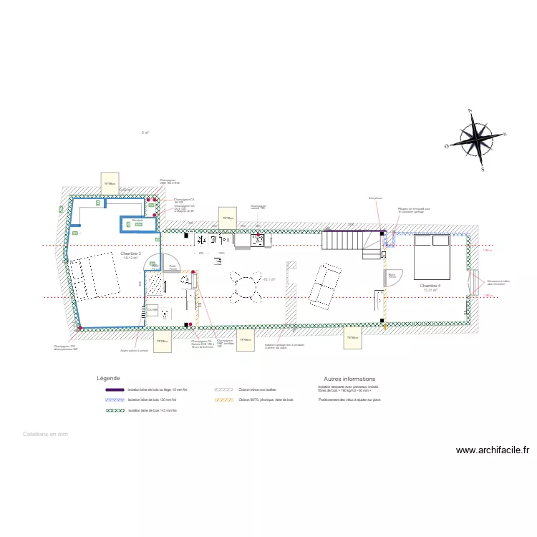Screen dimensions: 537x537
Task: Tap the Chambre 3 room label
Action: [x=130, y=255]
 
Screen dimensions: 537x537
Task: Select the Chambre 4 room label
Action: [x=430, y=287]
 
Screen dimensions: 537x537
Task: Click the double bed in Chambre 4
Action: [x=432, y=256]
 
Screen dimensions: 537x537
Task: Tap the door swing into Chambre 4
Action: [x=394, y=276]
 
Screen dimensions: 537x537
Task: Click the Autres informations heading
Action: [x=349, y=379]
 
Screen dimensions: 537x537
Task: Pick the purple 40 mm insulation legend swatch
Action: [x=115, y=390]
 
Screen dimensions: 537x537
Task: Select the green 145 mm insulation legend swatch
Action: [x=115, y=410]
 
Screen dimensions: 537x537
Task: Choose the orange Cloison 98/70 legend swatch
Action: [x=224, y=400]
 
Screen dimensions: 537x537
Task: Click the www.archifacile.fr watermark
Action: [x=493, y=450]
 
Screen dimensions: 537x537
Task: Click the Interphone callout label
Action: [x=375, y=198]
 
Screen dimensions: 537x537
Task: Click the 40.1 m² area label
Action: [x=269, y=280]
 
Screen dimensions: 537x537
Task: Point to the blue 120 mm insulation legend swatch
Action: [x=115, y=400]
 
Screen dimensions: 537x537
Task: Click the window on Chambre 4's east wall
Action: [x=474, y=282]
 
